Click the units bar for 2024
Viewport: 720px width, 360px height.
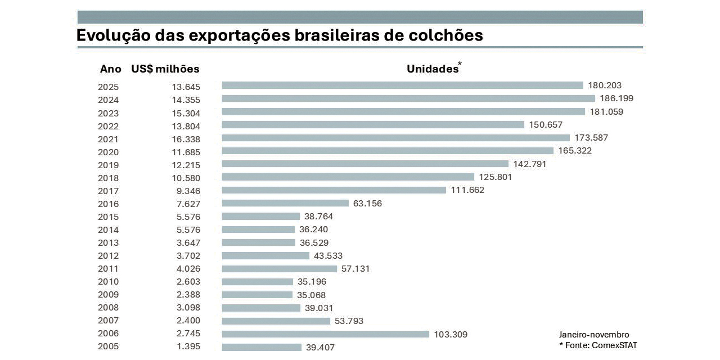(408, 98)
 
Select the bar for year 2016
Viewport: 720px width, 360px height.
(285, 203)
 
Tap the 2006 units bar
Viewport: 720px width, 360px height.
(325, 334)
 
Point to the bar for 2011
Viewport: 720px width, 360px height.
(279, 269)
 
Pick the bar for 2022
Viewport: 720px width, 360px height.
(373, 125)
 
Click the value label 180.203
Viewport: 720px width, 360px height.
(605, 85)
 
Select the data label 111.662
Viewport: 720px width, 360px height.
(467, 190)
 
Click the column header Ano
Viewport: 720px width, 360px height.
(111, 69)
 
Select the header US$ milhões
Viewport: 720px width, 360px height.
(165, 69)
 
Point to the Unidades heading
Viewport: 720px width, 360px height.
(433, 69)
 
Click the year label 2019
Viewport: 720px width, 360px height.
(108, 165)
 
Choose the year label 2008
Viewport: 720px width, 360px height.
(108, 308)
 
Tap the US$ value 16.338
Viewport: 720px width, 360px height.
(186, 139)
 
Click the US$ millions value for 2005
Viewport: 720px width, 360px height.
(188, 346)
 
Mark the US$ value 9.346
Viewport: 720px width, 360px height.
(188, 191)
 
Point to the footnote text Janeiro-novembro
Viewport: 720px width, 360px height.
(594, 335)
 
